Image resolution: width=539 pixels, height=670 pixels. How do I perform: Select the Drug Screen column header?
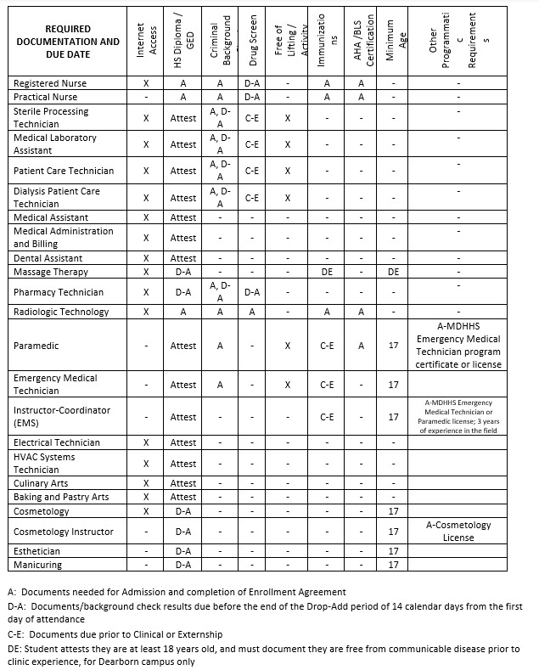click(252, 41)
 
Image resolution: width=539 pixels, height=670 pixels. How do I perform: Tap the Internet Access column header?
click(147, 41)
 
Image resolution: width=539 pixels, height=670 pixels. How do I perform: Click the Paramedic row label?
click(36, 346)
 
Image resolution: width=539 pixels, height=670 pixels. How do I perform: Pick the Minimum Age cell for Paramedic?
click(393, 346)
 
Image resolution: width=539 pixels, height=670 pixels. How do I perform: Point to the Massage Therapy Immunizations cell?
click(326, 272)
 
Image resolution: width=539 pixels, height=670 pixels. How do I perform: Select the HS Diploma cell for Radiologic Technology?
click(183, 312)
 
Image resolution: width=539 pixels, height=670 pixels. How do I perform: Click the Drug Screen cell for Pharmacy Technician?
click(252, 292)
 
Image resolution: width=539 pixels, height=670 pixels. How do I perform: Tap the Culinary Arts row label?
click(41, 482)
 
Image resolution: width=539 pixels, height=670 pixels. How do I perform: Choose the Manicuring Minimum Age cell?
click(393, 565)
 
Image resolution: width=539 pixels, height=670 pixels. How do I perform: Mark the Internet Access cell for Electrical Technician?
click(147, 442)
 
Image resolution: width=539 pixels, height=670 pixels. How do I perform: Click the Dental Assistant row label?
click(48, 258)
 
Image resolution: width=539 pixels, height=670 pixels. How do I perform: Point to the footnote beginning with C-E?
click(115, 634)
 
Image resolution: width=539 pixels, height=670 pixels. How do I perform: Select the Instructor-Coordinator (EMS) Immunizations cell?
click(326, 417)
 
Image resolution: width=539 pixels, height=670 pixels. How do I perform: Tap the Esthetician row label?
click(37, 551)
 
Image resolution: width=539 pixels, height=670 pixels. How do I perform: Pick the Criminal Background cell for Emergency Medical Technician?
click(220, 385)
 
